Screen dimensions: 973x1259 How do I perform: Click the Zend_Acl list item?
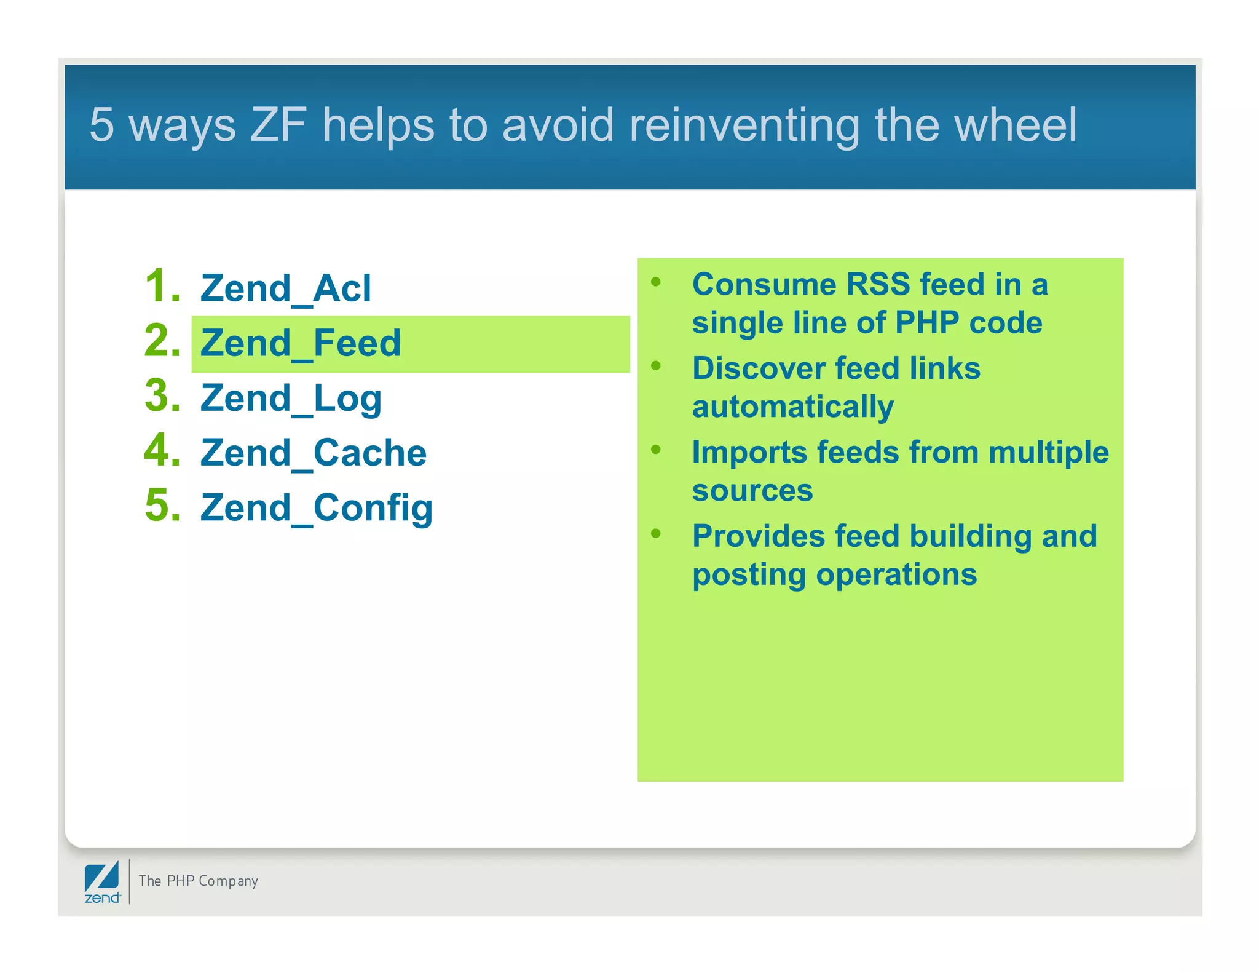pyautogui.click(x=285, y=288)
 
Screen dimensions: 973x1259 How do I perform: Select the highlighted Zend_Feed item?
pyautogui.click(x=301, y=343)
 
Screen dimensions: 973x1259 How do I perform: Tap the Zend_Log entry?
pyautogui.click(x=291, y=399)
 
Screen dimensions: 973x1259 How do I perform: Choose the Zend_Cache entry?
pyautogui.click(x=313, y=453)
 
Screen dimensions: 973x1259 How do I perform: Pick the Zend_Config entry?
pyautogui.click(x=316, y=509)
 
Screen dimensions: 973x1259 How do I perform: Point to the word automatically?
pyautogui.click(x=792, y=407)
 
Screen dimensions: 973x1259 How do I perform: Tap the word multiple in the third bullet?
pyautogui.click(x=1049, y=452)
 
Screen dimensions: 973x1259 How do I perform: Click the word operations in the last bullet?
pyautogui.click(x=896, y=574)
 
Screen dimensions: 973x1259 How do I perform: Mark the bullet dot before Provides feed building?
pyautogui.click(x=656, y=533)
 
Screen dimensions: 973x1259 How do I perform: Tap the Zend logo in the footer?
pyautogui.click(x=102, y=882)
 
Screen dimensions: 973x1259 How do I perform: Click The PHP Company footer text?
pyautogui.click(x=198, y=881)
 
